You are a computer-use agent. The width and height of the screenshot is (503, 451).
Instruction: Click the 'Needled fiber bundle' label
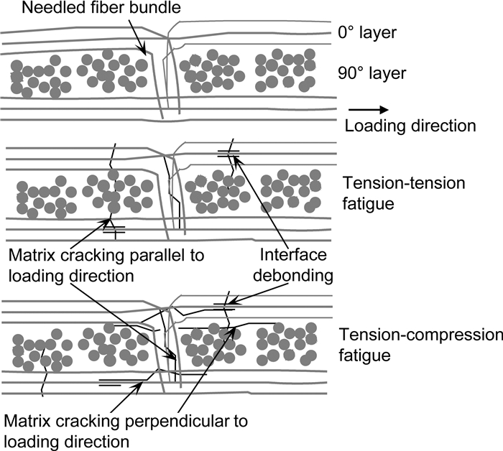(x=101, y=7)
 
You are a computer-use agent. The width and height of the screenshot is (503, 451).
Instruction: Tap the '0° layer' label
(x=367, y=32)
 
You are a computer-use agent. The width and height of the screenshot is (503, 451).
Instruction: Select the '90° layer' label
(x=372, y=73)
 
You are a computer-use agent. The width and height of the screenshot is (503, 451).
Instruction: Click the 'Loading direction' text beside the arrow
(x=410, y=126)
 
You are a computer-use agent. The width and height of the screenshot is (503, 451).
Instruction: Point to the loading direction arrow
(x=369, y=110)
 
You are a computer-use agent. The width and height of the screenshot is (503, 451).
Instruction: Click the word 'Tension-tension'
(x=404, y=183)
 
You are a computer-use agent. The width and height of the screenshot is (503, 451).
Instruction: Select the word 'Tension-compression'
(x=421, y=335)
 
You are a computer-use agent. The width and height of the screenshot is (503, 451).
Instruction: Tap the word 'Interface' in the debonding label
(x=293, y=255)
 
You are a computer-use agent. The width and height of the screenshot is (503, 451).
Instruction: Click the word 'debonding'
(x=293, y=276)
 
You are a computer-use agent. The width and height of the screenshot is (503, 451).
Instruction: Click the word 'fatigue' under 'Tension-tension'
(x=368, y=204)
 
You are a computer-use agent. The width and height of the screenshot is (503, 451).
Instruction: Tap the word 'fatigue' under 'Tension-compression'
(x=365, y=355)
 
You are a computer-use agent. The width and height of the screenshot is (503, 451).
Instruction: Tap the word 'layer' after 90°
(x=387, y=74)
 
